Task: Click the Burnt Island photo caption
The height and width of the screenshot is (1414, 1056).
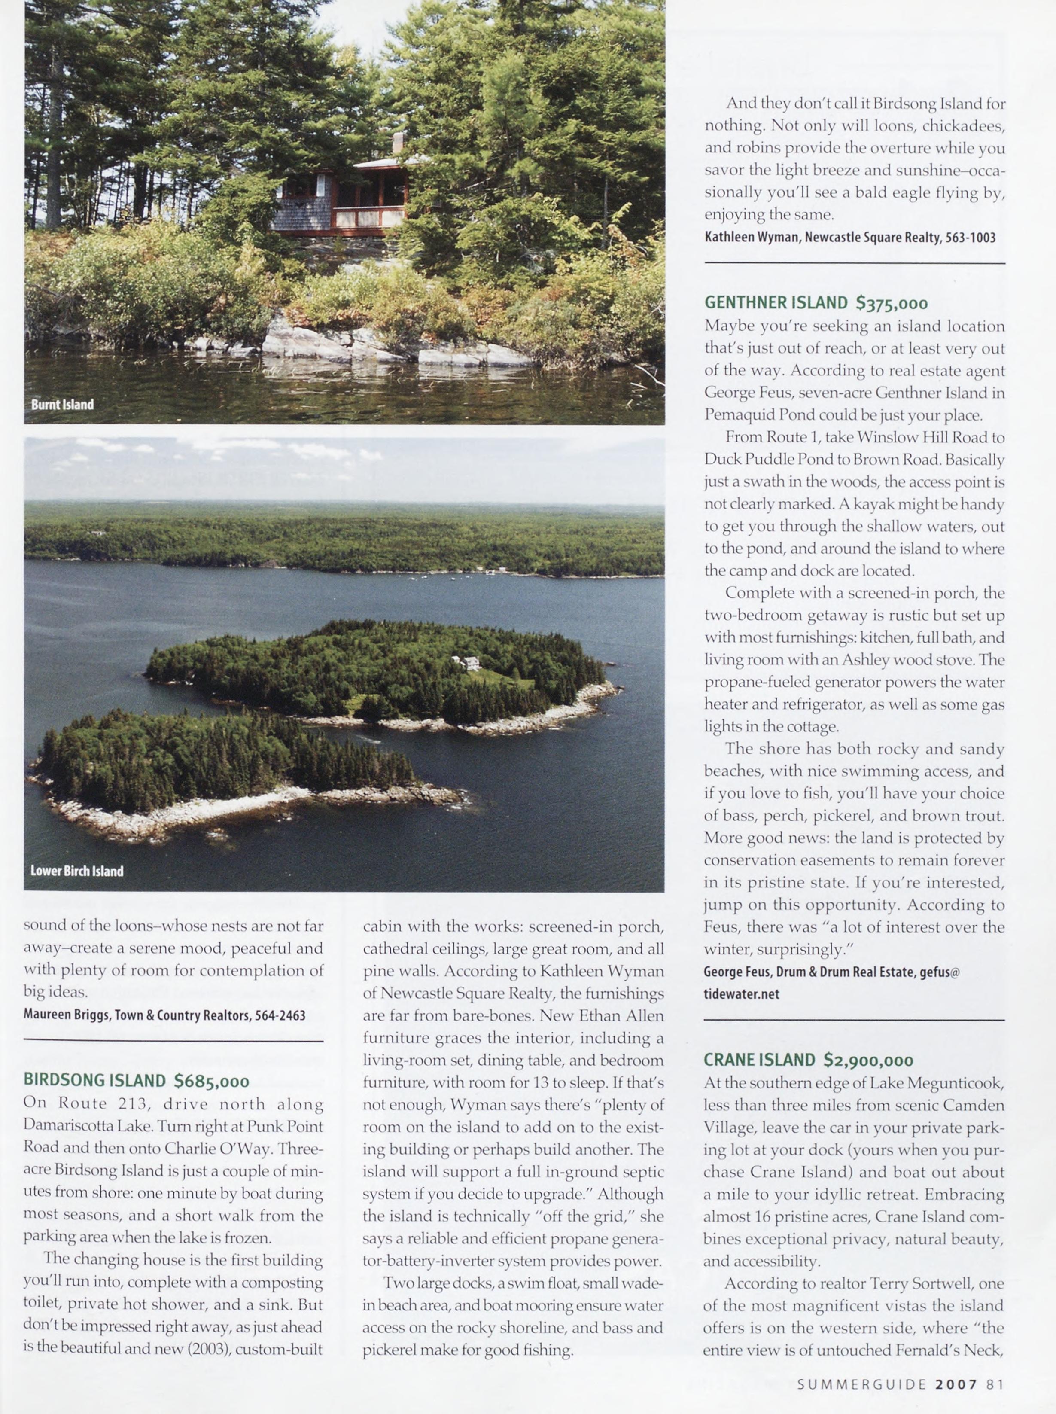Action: (x=62, y=405)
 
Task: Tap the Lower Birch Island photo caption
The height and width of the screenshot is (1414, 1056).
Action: (x=77, y=871)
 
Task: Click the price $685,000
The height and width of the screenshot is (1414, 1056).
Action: (x=212, y=1081)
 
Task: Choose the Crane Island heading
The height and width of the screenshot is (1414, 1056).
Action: (x=759, y=1060)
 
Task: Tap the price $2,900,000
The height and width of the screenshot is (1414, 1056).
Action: (x=868, y=1060)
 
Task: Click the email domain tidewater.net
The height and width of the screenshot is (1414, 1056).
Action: (x=742, y=994)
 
